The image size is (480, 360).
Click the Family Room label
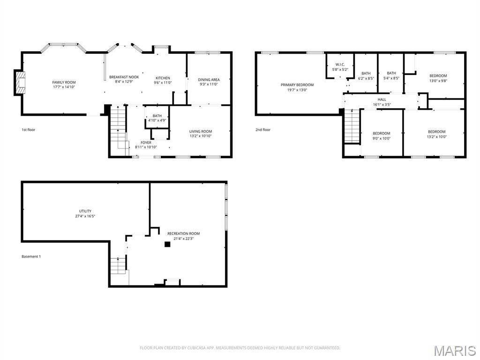coord(64,82)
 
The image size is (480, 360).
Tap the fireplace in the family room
coord(20,82)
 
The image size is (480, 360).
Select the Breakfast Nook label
coord(124,77)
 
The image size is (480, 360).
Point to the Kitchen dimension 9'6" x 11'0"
coord(163,82)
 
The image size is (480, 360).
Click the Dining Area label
coord(209,80)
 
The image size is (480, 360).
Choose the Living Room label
coord(201,131)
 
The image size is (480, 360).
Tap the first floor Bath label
coord(157,116)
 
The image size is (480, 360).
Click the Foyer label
coord(146,142)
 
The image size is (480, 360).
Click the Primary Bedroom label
coord(297,85)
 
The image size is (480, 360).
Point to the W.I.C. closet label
coord(340,64)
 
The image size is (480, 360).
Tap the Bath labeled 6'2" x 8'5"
coord(366,73)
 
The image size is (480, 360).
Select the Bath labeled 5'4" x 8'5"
coord(391,73)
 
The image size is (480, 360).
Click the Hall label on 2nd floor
coord(382,99)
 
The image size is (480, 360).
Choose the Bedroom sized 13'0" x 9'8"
coord(438,75)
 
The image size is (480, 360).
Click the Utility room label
coord(85,211)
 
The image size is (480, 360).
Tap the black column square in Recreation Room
coord(166,244)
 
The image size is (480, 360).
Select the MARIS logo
coord(454,351)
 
